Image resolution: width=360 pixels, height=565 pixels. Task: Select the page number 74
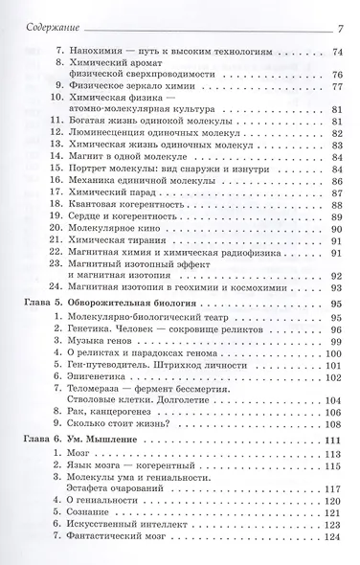[338, 48]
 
